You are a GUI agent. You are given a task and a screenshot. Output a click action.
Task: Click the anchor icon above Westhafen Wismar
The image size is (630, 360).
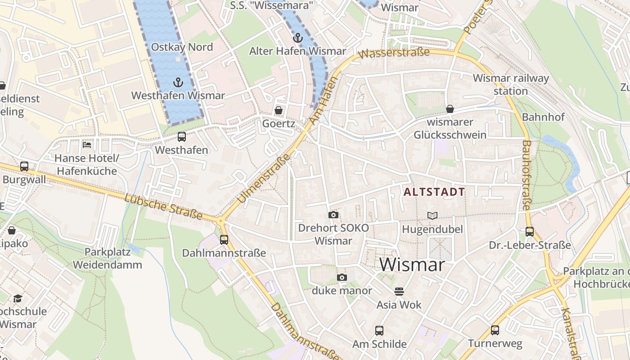pyautogui.click(x=179, y=82)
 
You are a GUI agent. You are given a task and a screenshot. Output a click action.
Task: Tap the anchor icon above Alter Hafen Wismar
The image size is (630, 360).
pyautogui.click(x=297, y=37)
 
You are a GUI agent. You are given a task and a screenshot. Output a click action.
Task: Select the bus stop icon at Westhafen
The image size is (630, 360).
pyautogui.click(x=182, y=137)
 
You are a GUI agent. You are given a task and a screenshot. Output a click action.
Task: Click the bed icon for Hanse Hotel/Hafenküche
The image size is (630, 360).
pyautogui.click(x=87, y=145)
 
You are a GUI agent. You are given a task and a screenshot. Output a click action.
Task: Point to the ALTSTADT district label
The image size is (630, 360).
pyautogui.click(x=434, y=192)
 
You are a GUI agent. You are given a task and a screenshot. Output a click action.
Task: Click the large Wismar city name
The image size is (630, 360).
pyautogui.click(x=412, y=264)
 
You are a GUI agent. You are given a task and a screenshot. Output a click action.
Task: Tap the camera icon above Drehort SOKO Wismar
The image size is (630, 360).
pyautogui.click(x=333, y=215)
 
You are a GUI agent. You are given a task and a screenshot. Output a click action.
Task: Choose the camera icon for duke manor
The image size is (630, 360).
pyautogui.click(x=342, y=277)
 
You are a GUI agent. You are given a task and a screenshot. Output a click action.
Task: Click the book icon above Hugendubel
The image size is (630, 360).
pyautogui.click(x=432, y=216)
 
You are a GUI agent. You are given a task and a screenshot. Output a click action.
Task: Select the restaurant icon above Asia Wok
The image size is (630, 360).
pyautogui.click(x=399, y=292)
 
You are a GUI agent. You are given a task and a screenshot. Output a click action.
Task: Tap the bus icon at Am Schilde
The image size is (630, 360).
pyautogui.click(x=379, y=331)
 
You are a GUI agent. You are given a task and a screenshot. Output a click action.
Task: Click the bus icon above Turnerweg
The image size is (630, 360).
pyautogui.click(x=495, y=330)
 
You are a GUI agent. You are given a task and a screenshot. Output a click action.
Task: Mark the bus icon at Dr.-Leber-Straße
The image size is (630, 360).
pyautogui.click(x=530, y=232)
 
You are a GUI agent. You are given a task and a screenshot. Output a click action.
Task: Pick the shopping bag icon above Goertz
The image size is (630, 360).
pyautogui.click(x=279, y=110)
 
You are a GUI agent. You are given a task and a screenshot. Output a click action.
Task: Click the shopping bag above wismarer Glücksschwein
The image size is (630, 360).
pyautogui.click(x=450, y=109)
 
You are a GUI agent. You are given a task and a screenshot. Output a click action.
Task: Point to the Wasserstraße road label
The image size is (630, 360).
pyautogui.click(x=395, y=53)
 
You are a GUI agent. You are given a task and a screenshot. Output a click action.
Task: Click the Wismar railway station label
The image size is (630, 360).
pyautogui.click(x=511, y=84)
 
